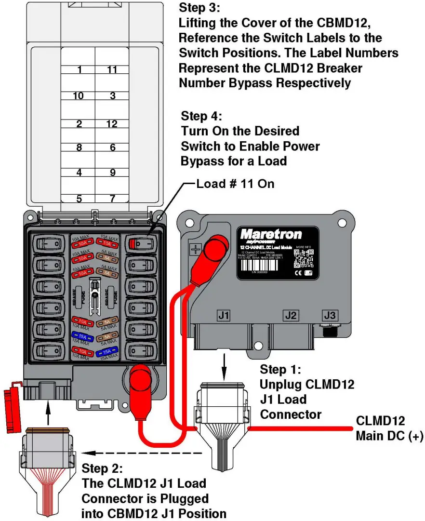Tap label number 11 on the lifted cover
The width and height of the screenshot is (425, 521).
pyautogui.click(x=112, y=70)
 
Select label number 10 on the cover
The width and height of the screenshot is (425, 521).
pyautogui.click(x=78, y=96)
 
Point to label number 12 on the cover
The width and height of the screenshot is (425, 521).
pyautogui.click(x=112, y=124)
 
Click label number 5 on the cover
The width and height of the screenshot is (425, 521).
pyautogui.click(x=79, y=198)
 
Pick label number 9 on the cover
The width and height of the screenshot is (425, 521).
pyautogui.click(x=112, y=172)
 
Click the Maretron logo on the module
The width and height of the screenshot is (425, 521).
pyautogui.click(x=271, y=235)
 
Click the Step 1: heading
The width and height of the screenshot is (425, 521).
pyautogui.click(x=280, y=370)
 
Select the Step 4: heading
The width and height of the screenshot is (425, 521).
pyautogui.click(x=202, y=116)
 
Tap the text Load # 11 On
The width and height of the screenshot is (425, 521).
pyautogui.click(x=235, y=183)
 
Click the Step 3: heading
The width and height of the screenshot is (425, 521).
pyautogui.click(x=199, y=8)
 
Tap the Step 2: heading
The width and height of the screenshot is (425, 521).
pyautogui.click(x=103, y=468)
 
